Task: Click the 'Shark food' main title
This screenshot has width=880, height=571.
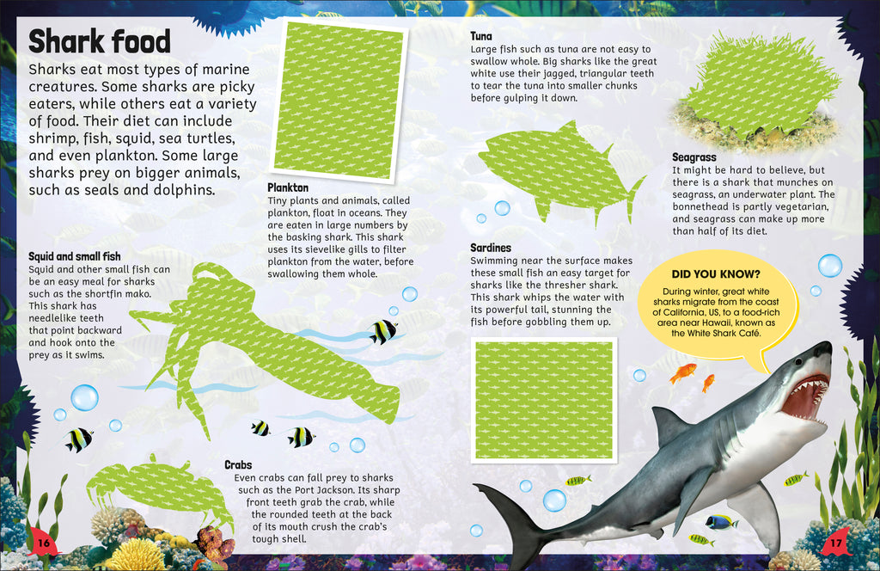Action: (x=100, y=41)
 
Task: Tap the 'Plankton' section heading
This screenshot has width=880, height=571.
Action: (x=288, y=187)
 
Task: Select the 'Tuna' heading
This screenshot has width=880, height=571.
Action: (x=481, y=36)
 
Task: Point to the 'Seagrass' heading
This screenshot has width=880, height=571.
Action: (x=694, y=157)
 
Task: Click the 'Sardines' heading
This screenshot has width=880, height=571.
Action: (x=491, y=248)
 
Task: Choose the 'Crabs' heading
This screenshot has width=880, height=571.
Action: (x=238, y=464)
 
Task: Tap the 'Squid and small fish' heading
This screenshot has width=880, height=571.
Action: (x=74, y=256)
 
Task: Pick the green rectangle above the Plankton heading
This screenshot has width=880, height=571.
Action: (x=339, y=97)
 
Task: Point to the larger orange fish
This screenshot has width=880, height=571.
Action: (x=683, y=372)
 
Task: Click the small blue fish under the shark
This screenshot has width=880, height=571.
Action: (x=720, y=521)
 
